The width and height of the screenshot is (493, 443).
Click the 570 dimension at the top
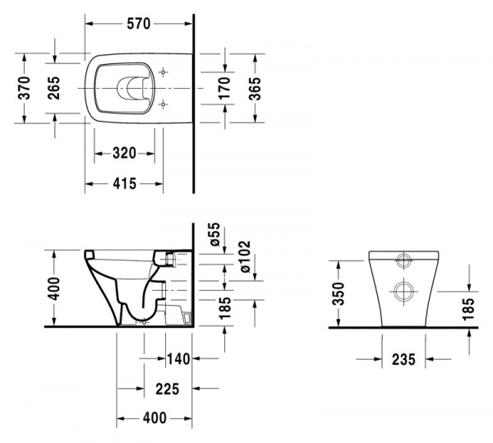137,24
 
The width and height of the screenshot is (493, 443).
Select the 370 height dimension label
24,87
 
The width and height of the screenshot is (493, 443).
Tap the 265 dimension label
53,87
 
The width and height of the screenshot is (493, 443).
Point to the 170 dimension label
224,87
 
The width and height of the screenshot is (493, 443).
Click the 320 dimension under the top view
125,153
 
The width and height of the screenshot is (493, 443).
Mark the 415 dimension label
125,183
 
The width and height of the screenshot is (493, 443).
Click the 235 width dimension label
403,358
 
